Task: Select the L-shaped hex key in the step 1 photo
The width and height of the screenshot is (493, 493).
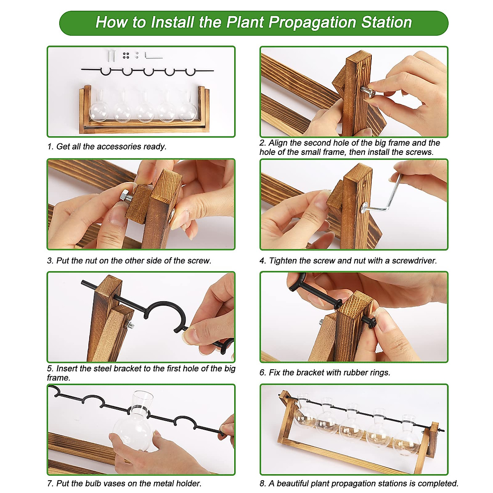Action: coord(154,55)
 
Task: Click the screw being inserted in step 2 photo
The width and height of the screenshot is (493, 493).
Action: coord(368,91)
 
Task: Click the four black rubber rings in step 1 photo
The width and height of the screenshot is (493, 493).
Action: coord(126,55)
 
